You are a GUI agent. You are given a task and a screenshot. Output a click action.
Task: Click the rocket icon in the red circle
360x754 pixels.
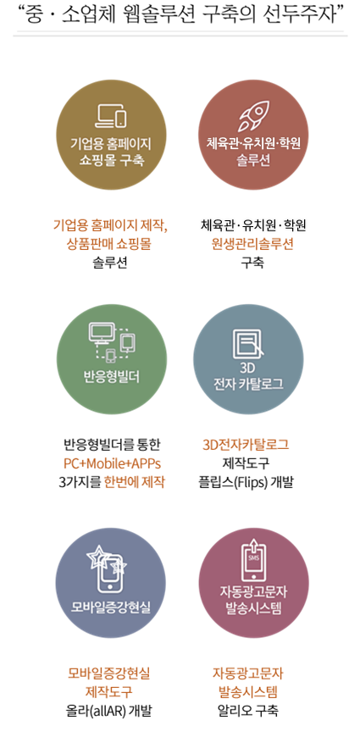point(254,115)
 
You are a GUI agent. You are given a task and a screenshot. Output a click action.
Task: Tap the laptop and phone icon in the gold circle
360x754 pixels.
point(111,116)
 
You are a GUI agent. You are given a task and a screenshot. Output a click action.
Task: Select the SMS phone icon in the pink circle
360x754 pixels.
point(253,561)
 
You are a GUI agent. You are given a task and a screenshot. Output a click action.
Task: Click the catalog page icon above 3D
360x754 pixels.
point(247,343)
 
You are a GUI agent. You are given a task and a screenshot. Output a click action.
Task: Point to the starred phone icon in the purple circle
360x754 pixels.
point(108,568)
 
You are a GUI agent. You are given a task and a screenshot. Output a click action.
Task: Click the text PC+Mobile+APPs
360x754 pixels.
point(112,464)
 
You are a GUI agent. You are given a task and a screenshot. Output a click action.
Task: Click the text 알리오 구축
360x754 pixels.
point(247,710)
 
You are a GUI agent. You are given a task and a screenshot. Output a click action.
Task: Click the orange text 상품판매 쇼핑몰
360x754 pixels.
point(109,244)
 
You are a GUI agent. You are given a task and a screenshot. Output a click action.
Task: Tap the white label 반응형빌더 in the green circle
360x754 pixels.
point(112,377)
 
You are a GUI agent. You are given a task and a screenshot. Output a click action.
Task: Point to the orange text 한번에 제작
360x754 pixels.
point(134,482)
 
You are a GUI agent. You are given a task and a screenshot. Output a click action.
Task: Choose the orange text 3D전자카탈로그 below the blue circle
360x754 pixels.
point(246,445)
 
